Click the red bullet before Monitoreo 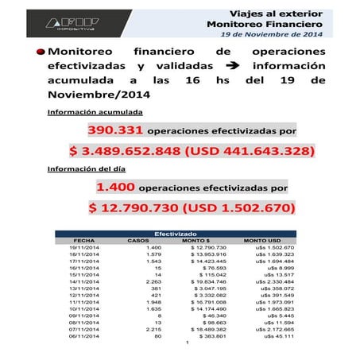pyautogui.click(x=41, y=52)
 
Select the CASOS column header pyautogui.click(x=138, y=240)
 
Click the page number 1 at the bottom pyautogui.click(x=184, y=343)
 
